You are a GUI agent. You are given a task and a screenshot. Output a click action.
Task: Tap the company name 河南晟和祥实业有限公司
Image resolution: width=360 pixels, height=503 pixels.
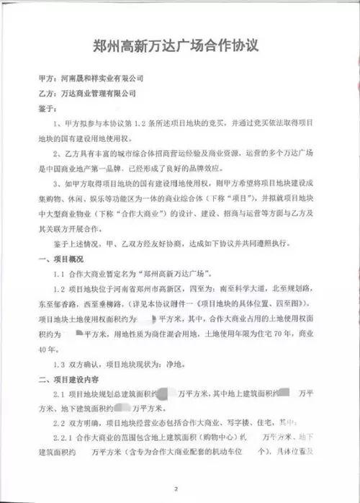[x=100, y=78]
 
